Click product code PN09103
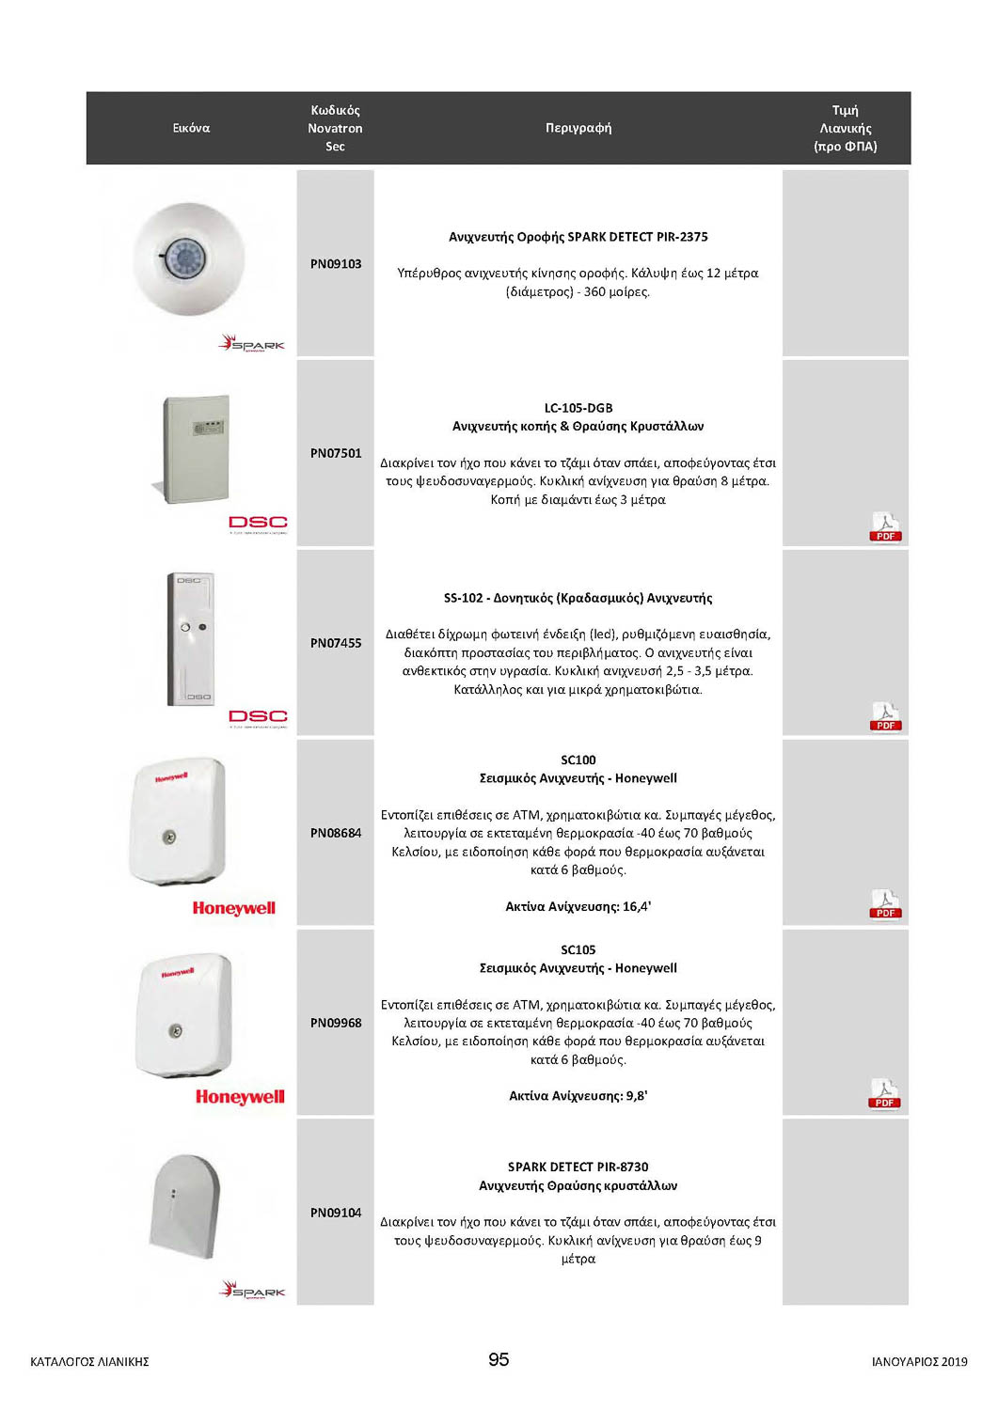(x=336, y=264)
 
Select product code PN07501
(x=336, y=453)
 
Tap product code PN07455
(x=336, y=643)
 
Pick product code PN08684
(x=336, y=833)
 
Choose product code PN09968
(x=336, y=1023)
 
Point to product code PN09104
(x=336, y=1213)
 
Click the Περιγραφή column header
(x=578, y=128)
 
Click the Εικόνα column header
(x=191, y=128)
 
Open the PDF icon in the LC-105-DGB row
(x=885, y=527)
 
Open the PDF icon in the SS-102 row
(x=885, y=717)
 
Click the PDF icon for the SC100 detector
(x=885, y=904)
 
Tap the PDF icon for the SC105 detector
(x=884, y=1094)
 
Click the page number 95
(x=499, y=1359)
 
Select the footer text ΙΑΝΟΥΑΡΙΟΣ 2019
(x=919, y=1361)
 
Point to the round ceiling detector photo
(x=189, y=258)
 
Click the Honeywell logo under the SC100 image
(x=234, y=908)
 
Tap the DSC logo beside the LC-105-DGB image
(x=258, y=523)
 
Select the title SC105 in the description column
(x=578, y=949)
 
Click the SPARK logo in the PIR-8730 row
(x=252, y=1290)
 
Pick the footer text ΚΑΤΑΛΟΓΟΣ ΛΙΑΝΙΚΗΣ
(x=89, y=1361)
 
